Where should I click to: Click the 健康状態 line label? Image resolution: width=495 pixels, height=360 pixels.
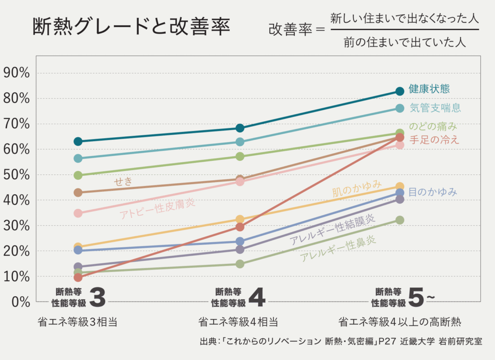(429, 89)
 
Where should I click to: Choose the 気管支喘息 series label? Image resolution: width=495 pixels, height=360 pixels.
(435, 108)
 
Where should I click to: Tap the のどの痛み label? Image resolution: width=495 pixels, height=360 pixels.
(433, 127)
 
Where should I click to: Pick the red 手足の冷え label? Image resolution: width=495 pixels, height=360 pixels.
(434, 140)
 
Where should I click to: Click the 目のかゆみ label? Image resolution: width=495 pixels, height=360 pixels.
(433, 192)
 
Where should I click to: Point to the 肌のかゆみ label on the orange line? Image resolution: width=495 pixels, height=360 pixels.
(357, 189)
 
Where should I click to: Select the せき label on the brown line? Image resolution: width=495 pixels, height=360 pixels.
(123, 182)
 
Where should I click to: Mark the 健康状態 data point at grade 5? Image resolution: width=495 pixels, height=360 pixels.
(399, 91)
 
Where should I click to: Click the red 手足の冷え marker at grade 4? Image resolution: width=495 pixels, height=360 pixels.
(240, 227)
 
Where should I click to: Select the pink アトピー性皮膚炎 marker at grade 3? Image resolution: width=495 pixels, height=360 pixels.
(78, 213)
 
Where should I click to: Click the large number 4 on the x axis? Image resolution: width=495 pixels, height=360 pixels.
(256, 298)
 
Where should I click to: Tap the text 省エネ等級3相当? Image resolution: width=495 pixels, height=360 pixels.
(77, 322)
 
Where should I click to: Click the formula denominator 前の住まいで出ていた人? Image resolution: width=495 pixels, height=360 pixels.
(405, 43)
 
